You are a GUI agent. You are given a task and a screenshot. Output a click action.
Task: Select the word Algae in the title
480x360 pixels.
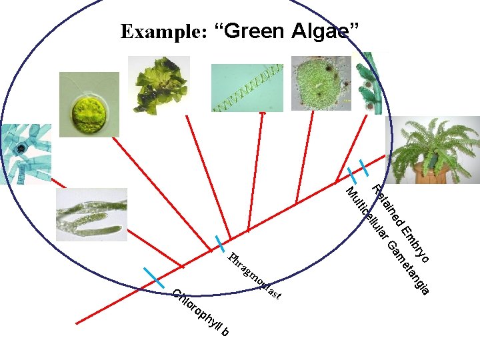325,31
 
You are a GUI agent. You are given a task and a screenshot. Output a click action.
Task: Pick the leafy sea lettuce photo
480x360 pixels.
159,85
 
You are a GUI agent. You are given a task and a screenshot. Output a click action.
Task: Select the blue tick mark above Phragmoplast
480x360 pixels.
219,243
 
